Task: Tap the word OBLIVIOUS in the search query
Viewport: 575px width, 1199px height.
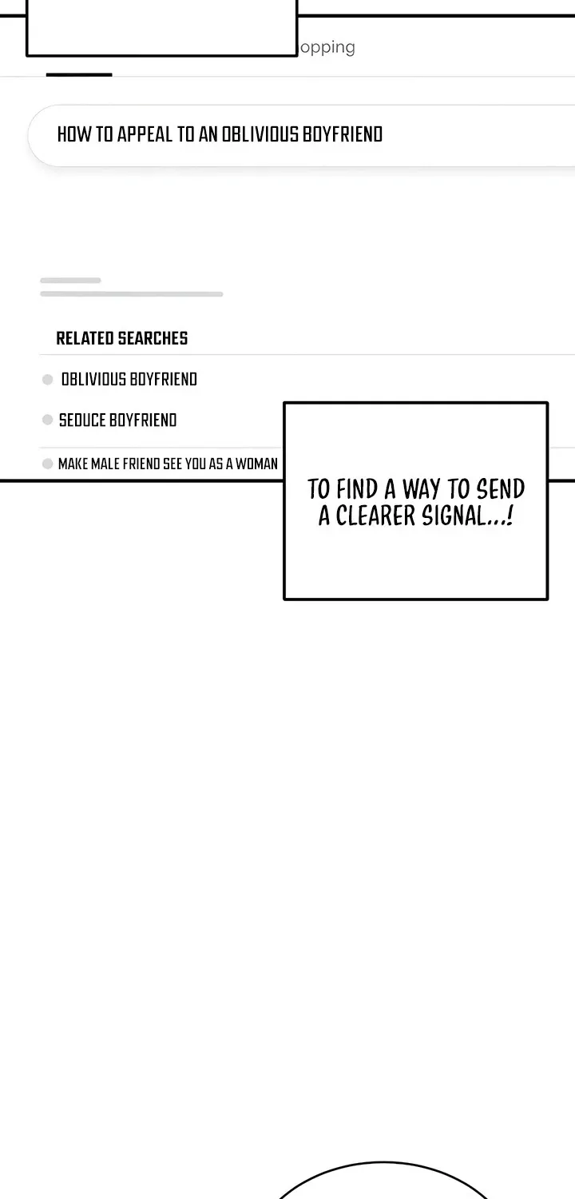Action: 260,134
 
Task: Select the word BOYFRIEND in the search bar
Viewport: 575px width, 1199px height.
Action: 343,134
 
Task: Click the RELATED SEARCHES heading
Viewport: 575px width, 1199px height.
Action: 122,338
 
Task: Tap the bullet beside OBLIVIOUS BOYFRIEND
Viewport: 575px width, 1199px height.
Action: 48,380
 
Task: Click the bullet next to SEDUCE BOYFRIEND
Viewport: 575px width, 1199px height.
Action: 48,420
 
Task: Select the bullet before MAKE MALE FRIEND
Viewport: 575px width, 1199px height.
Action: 48,464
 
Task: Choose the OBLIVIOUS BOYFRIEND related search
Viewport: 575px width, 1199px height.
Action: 129,380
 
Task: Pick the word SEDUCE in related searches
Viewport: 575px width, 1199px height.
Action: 82,420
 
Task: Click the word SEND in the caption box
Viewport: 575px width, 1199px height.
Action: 501,488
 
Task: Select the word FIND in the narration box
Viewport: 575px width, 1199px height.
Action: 357,488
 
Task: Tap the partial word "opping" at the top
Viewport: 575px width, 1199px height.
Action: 327,48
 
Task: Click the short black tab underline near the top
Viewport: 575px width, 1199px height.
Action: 79,74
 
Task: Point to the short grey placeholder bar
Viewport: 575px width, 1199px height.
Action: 70,281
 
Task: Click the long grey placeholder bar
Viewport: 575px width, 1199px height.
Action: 132,294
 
